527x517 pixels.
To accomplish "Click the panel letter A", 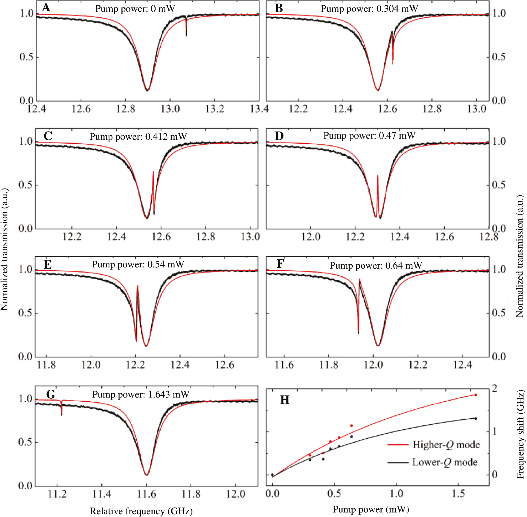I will (46, 7).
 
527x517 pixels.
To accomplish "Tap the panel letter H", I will (285, 400).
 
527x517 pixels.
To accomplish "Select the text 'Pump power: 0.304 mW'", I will (369, 9).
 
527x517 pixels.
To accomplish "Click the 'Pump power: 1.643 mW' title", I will (141, 394).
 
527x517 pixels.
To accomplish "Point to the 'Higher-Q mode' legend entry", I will (446, 445).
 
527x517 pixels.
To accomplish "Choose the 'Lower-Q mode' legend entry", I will (445, 462).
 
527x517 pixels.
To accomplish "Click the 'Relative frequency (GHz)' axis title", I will (141, 511).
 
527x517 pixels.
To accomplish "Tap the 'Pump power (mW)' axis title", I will (371, 509).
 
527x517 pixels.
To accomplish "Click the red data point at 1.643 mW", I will (476, 395).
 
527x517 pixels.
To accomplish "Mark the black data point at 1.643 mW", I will (476, 419).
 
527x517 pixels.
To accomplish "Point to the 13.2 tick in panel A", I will (215, 109).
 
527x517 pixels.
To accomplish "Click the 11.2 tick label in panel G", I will (57, 494).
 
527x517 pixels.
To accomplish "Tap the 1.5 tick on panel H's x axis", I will (458, 494).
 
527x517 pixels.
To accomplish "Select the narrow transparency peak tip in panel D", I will (377, 176).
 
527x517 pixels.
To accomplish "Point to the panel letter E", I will (48, 264).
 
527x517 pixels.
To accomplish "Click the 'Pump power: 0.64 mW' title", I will (376, 265).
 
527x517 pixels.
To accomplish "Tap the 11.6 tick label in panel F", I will (284, 365).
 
